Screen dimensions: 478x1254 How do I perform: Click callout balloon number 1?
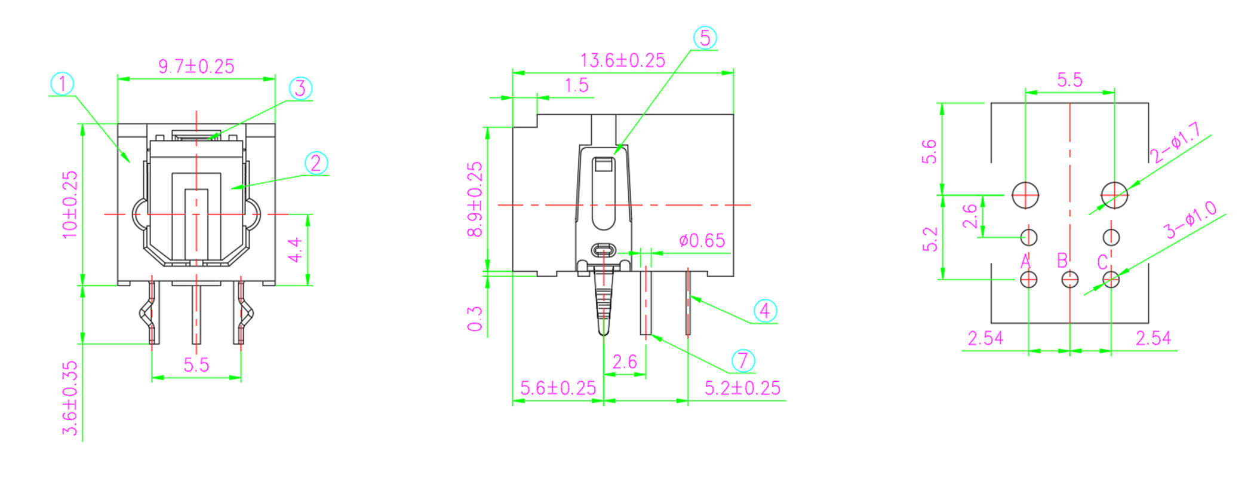coord(62,84)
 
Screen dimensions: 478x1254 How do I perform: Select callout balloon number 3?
coord(300,88)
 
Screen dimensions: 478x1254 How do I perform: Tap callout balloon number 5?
coord(705,38)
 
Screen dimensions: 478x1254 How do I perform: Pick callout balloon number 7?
coord(743,361)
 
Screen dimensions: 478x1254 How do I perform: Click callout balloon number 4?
coord(765,311)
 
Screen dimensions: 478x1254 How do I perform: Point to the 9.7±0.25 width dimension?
coord(196,66)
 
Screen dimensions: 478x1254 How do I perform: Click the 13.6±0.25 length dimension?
coord(622,60)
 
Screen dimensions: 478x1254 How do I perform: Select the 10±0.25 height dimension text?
coord(70,204)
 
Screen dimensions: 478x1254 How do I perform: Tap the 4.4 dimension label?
coord(295,250)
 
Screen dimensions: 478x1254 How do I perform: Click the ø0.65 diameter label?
coord(702,241)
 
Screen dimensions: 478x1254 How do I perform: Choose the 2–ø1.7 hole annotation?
coord(1175,143)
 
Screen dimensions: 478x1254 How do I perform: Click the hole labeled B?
coord(1069,279)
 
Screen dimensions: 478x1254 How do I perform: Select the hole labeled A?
coord(1028,279)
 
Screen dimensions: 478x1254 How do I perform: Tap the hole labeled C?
coord(1111,279)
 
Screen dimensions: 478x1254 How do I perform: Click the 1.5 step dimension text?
coord(576,85)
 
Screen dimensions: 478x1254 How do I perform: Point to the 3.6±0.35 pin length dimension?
coord(70,398)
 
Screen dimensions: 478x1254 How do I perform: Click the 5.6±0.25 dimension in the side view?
coord(558,388)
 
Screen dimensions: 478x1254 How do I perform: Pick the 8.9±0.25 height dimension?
coord(475,199)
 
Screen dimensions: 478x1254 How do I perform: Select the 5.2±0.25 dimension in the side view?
coord(742,388)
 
